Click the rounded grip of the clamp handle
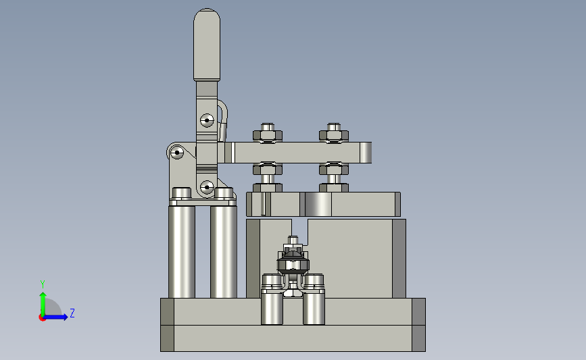click(207, 45)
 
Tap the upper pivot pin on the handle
click(207, 121)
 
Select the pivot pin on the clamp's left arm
click(177, 153)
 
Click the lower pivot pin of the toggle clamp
click(207, 187)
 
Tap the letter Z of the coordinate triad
click(72, 313)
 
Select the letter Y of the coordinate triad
click(42, 284)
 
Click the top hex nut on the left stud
click(268, 135)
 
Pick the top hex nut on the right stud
click(334, 135)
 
